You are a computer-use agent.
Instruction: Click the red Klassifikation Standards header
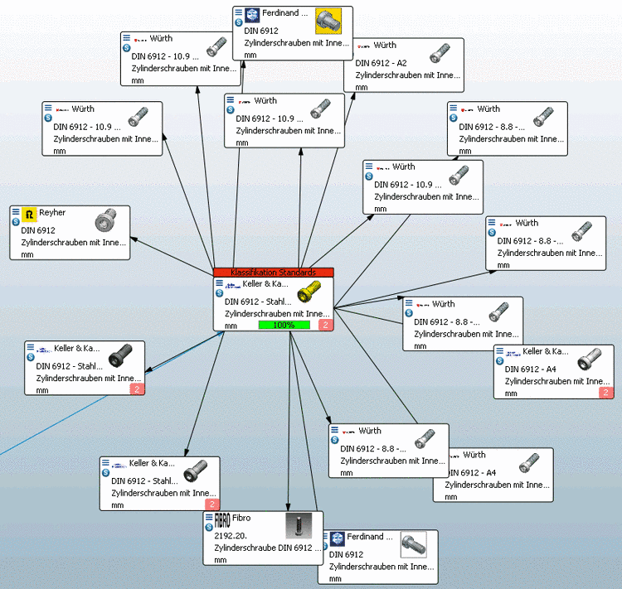coord(273,272)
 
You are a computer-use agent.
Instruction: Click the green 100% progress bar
coord(284,326)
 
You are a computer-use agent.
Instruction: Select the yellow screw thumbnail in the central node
coord(309,292)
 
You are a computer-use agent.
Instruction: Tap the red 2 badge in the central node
coord(325,326)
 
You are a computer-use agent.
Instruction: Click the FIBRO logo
coord(222,521)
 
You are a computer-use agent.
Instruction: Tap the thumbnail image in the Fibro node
coord(299,527)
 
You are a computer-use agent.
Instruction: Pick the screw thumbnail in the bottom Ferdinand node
coord(414,544)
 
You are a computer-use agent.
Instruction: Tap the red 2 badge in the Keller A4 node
coord(605,393)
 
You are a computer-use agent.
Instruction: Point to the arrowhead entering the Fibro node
coord(288,508)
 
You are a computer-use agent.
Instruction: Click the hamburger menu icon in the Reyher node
coord(16,212)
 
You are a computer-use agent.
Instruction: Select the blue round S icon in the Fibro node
coord(209,527)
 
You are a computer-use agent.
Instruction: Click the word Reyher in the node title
coord(52,213)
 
